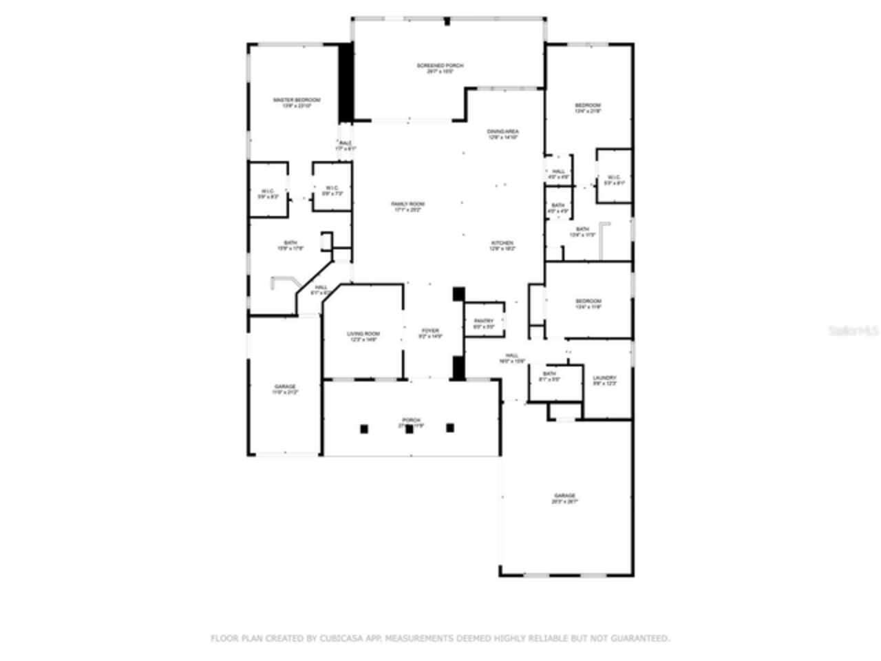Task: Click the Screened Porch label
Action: (x=440, y=67)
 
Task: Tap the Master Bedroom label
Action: (x=296, y=103)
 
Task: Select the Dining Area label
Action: (x=502, y=134)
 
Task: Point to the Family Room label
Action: (x=407, y=207)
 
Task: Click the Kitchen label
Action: (x=502, y=246)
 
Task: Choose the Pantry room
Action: (x=484, y=323)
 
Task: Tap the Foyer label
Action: (x=430, y=333)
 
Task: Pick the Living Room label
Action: (x=363, y=336)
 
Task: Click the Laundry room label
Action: (x=604, y=380)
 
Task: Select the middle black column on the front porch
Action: (x=409, y=429)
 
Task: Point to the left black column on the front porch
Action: (x=364, y=429)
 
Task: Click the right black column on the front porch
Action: (x=450, y=428)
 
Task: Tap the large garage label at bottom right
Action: (x=564, y=498)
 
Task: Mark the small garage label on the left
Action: (x=285, y=389)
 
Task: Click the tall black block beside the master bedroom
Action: (x=346, y=83)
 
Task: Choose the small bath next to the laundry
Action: (x=549, y=376)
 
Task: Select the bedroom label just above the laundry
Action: (x=588, y=304)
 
